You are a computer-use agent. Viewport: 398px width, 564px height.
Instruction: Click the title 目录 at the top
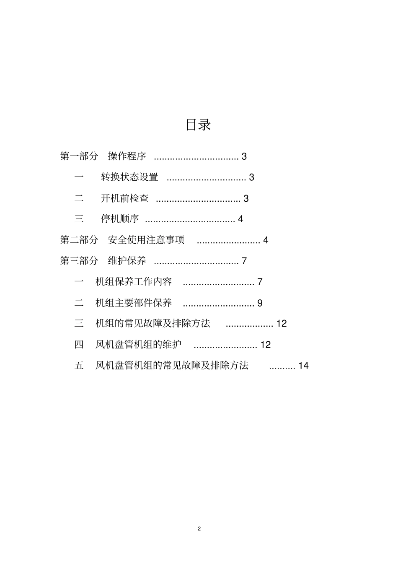pyautogui.click(x=198, y=125)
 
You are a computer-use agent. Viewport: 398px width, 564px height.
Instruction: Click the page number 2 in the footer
pyautogui.click(x=199, y=528)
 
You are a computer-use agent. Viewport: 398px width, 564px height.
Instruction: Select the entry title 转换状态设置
pyautogui.click(x=129, y=177)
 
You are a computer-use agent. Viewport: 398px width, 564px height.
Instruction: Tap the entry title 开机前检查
pyautogui.click(x=125, y=198)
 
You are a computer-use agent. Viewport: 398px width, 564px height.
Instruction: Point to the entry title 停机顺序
pyautogui.click(x=120, y=219)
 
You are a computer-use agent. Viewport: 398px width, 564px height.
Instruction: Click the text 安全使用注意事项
pyautogui.click(x=146, y=240)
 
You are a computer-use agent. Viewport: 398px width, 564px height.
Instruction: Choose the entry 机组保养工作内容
pyautogui.click(x=134, y=282)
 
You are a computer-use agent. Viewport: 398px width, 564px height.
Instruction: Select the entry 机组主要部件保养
pyautogui.click(x=134, y=303)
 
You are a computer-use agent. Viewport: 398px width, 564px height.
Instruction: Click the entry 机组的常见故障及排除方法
pyautogui.click(x=153, y=323)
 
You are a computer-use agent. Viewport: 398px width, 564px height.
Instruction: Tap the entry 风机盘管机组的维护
pyautogui.click(x=139, y=345)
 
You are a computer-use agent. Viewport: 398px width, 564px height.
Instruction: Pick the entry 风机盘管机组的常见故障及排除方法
pyautogui.click(x=172, y=366)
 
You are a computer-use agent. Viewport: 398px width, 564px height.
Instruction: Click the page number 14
pyautogui.click(x=303, y=366)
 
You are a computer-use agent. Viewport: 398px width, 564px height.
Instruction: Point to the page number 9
pyautogui.click(x=260, y=303)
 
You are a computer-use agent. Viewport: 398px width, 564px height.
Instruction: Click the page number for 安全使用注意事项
pyautogui.click(x=266, y=240)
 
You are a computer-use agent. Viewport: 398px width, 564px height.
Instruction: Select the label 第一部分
pyautogui.click(x=79, y=156)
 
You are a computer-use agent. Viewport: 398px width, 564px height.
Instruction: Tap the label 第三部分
pyautogui.click(x=79, y=261)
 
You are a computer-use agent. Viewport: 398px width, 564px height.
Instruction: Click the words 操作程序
pyautogui.click(x=127, y=156)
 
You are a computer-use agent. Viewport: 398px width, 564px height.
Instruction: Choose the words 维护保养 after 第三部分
pyautogui.click(x=127, y=261)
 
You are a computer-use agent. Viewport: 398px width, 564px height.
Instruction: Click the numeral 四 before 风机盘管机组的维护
pyautogui.click(x=79, y=345)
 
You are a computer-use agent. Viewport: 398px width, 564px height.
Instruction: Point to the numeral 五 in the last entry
pyautogui.click(x=79, y=366)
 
